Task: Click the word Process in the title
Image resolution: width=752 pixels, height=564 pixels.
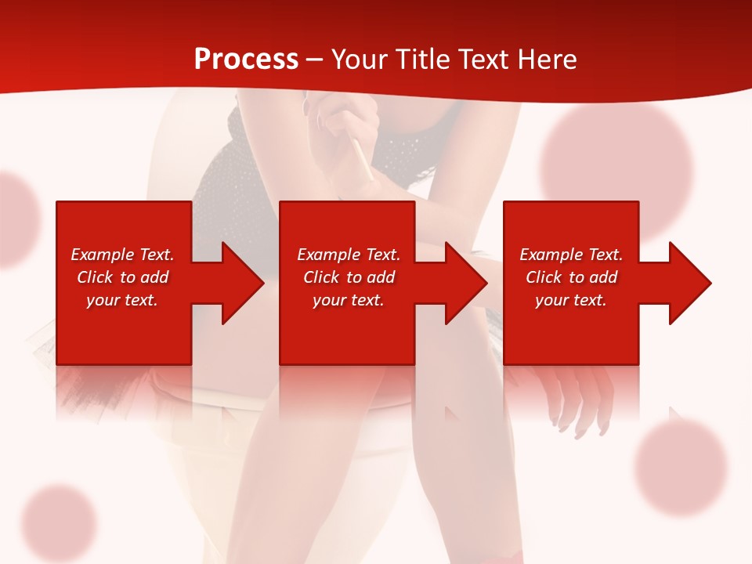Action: [x=246, y=60]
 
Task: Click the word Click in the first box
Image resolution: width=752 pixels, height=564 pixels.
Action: [x=95, y=277]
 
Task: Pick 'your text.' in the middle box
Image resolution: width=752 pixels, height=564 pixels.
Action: [x=349, y=300]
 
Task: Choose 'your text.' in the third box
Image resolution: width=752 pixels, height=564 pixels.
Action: [x=571, y=300]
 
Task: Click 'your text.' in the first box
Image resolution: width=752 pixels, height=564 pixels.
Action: [x=122, y=300]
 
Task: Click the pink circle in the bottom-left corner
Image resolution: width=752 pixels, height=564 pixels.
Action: [x=59, y=522]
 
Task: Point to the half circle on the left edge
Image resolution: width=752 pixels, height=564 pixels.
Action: [x=16, y=219]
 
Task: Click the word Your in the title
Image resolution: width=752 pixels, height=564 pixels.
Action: [x=359, y=60]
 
